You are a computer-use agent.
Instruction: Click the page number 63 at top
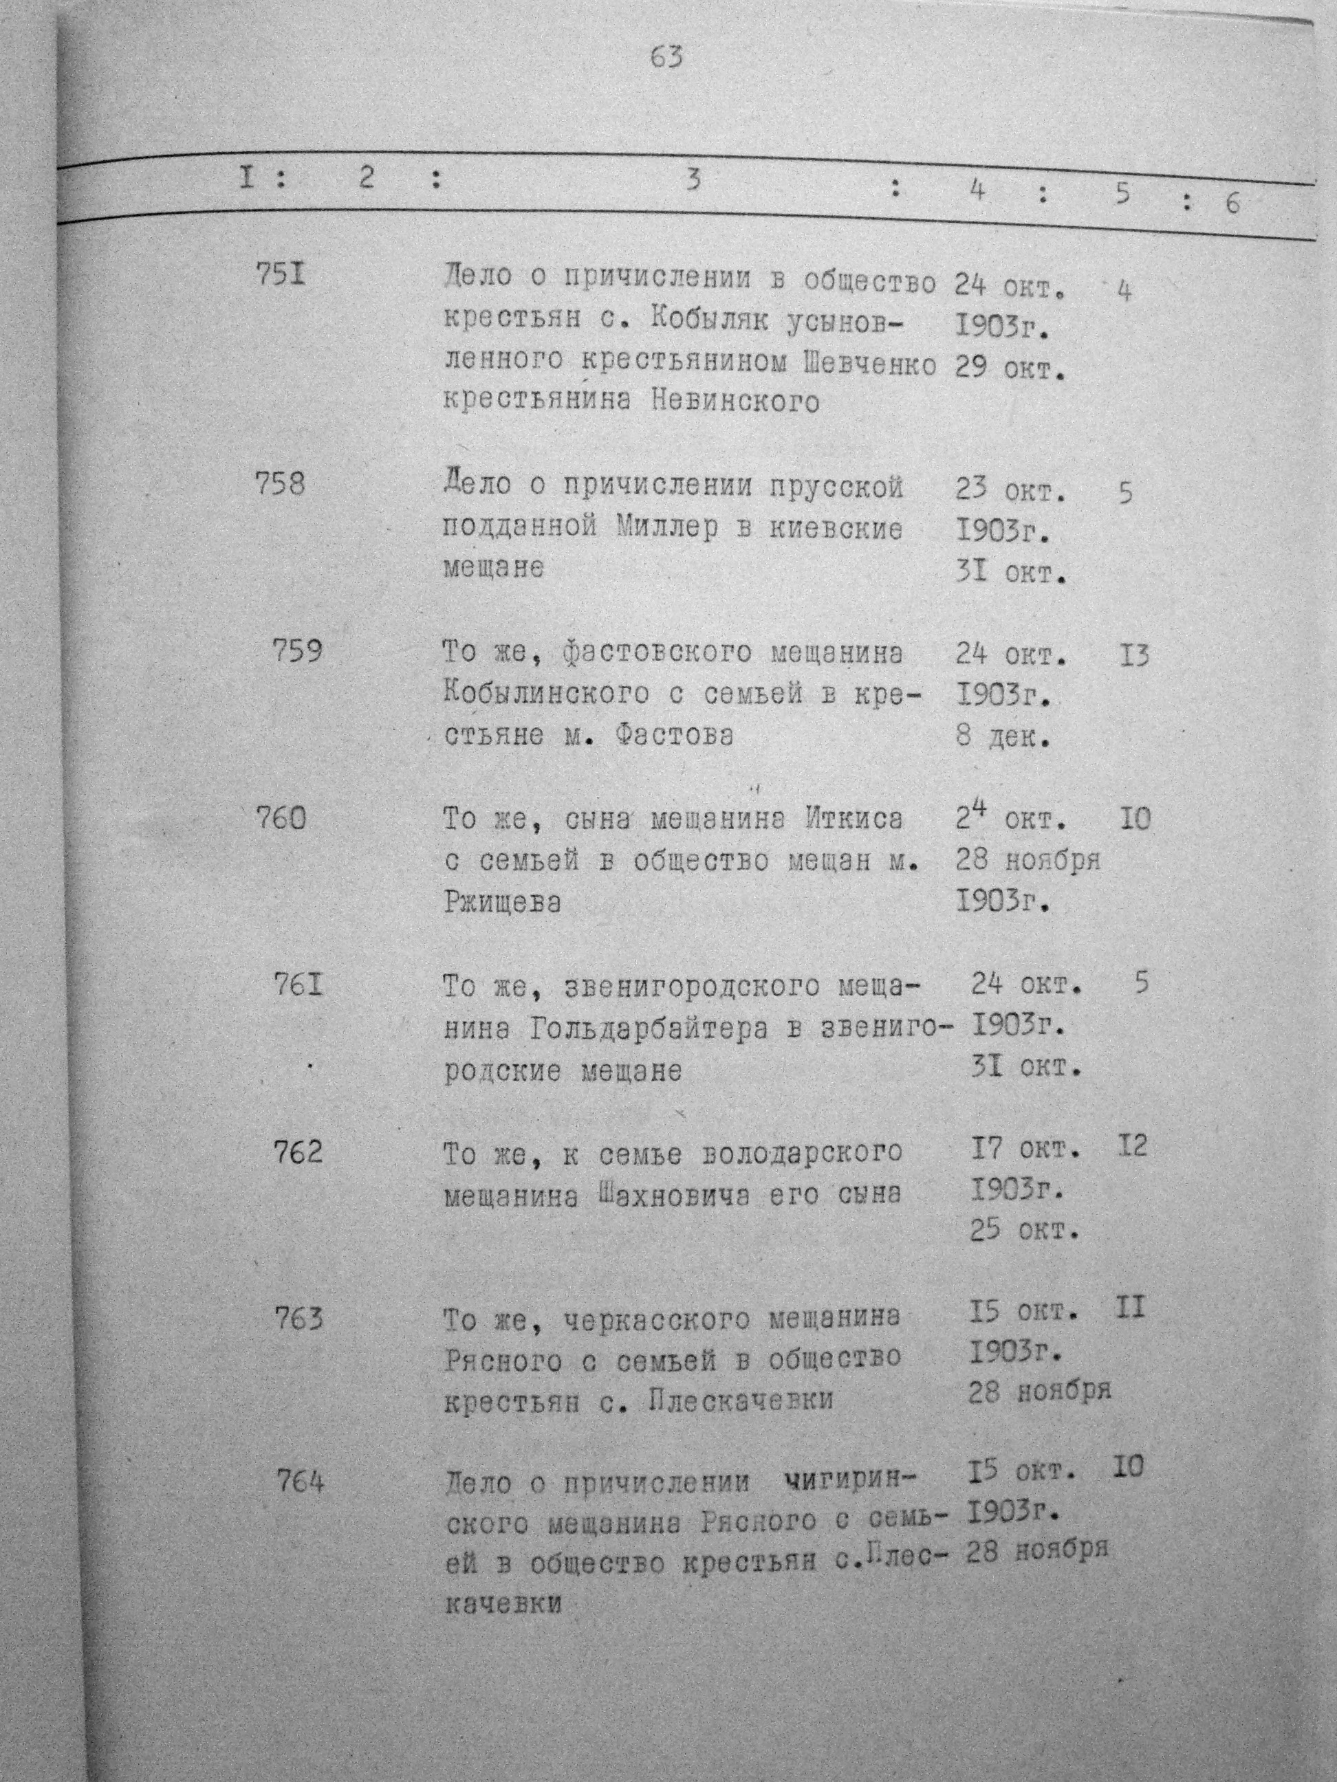(666, 58)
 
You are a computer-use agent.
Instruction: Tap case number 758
(280, 485)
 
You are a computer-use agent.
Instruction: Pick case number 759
(297, 651)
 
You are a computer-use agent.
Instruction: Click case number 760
(281, 819)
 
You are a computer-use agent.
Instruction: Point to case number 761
(298, 984)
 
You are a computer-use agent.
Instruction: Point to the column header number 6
(1232, 203)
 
